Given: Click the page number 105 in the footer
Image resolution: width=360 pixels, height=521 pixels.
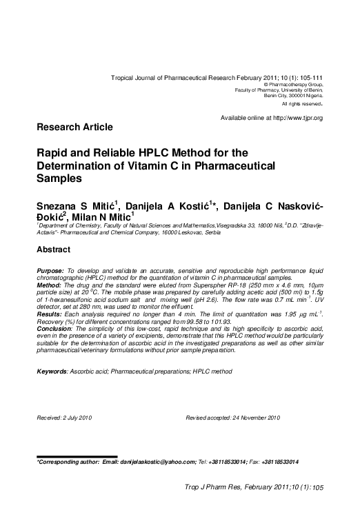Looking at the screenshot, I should pyautogui.click(x=318, y=488).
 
